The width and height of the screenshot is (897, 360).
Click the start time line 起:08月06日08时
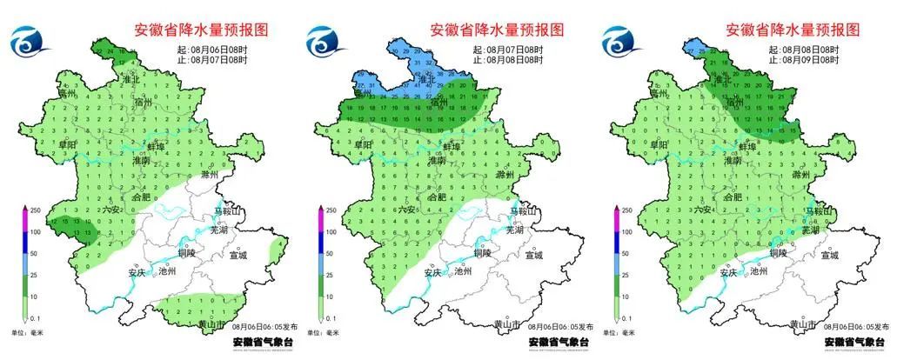[x=211, y=50]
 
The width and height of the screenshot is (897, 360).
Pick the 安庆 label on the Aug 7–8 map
[x=434, y=271]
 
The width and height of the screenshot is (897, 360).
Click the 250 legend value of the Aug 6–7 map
[x=35, y=210]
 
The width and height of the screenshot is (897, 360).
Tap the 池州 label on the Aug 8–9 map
[x=758, y=270]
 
